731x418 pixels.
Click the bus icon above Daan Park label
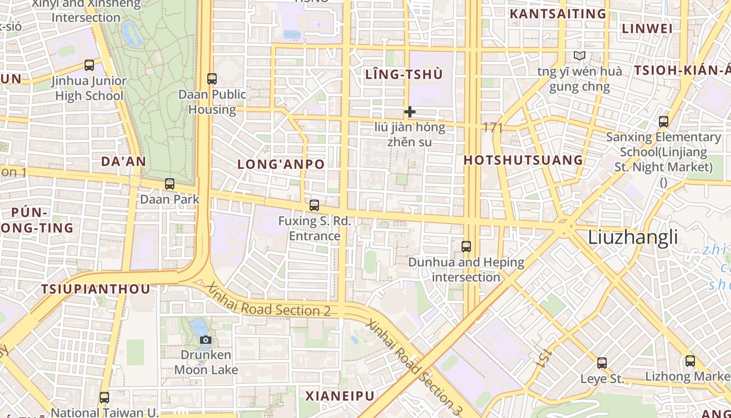pos(170,184)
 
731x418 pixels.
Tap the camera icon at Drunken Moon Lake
pos(206,340)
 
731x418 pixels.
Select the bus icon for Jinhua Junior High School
pos(89,65)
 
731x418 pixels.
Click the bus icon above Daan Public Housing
pos(211,79)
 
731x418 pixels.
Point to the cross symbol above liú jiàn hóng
pos(410,111)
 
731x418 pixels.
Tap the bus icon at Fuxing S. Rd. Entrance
pos(314,205)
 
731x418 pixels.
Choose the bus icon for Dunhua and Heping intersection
pos(466,247)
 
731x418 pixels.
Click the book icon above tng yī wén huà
pos(579,55)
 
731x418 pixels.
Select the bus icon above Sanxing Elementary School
pos(664,122)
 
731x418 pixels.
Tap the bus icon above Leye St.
pos(602,363)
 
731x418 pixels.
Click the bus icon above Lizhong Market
pos(690,361)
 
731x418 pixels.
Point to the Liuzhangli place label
pos(633,237)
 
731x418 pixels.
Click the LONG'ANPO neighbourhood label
pos(281,164)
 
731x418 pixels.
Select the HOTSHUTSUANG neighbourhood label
pos(523,160)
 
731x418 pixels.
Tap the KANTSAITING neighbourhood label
pos(558,14)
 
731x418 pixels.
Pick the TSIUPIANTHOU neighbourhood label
pos(96,289)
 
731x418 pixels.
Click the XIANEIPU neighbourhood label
pos(340,396)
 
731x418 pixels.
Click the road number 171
pos(493,127)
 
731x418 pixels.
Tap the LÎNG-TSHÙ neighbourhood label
pos(404,75)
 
